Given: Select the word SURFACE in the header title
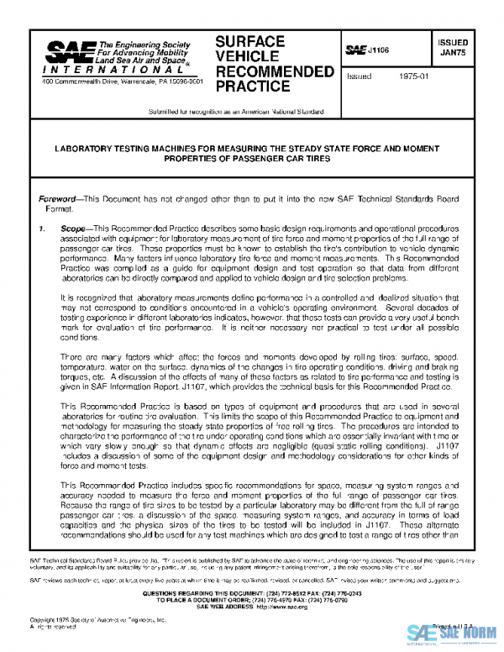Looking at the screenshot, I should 249,41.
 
